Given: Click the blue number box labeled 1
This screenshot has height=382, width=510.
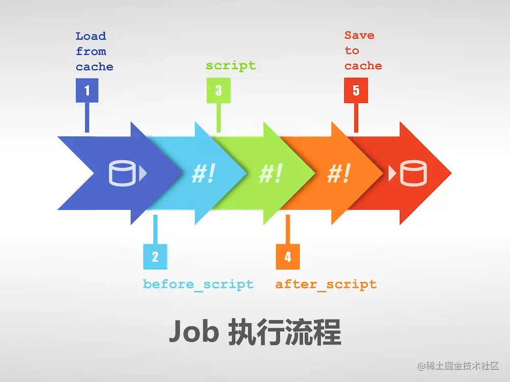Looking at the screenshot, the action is (87, 91).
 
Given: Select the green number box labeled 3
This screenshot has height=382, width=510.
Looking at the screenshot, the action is (218, 91).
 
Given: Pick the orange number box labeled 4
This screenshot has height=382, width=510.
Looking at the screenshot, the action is (288, 257).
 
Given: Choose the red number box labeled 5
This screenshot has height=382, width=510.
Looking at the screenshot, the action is (355, 91).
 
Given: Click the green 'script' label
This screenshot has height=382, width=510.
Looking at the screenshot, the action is (231, 66).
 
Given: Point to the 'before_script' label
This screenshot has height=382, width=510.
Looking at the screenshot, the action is (198, 284).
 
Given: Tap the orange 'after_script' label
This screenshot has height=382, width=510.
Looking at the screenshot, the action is (326, 284).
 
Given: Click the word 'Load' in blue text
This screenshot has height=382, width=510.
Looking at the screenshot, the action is (91, 36).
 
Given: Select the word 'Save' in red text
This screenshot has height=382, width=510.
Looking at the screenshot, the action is (359, 36).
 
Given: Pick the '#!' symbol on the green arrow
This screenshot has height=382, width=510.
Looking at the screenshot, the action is (271, 174).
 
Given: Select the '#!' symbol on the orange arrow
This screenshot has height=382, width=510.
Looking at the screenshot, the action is (339, 174).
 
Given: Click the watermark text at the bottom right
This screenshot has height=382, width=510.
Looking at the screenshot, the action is (457, 366).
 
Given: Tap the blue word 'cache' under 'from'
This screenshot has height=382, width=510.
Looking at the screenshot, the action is (94, 67).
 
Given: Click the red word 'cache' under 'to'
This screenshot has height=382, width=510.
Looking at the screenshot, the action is (363, 66).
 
